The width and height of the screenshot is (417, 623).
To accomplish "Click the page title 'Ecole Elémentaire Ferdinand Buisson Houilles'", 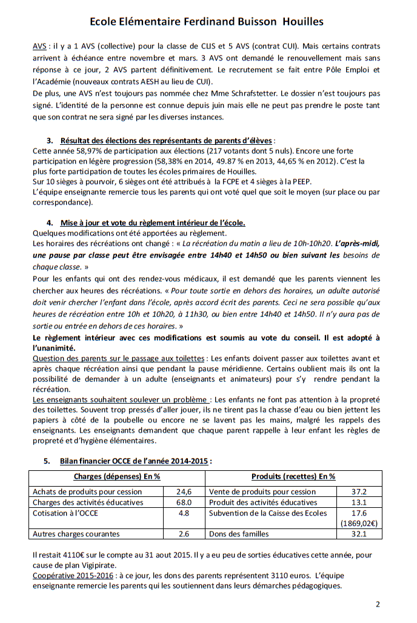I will [x=206, y=22].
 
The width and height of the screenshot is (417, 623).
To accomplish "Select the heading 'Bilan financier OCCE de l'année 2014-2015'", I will [x=136, y=461].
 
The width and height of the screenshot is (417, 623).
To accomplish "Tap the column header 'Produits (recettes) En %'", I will [x=293, y=476].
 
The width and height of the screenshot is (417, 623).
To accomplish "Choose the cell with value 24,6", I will [x=184, y=491].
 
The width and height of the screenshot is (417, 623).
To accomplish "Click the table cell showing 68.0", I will [x=184, y=502].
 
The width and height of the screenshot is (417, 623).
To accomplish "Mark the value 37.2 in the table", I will [x=358, y=491].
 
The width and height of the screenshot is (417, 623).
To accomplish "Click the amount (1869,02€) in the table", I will [x=358, y=524].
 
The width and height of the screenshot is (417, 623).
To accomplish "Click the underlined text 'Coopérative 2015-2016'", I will [x=72, y=575].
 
